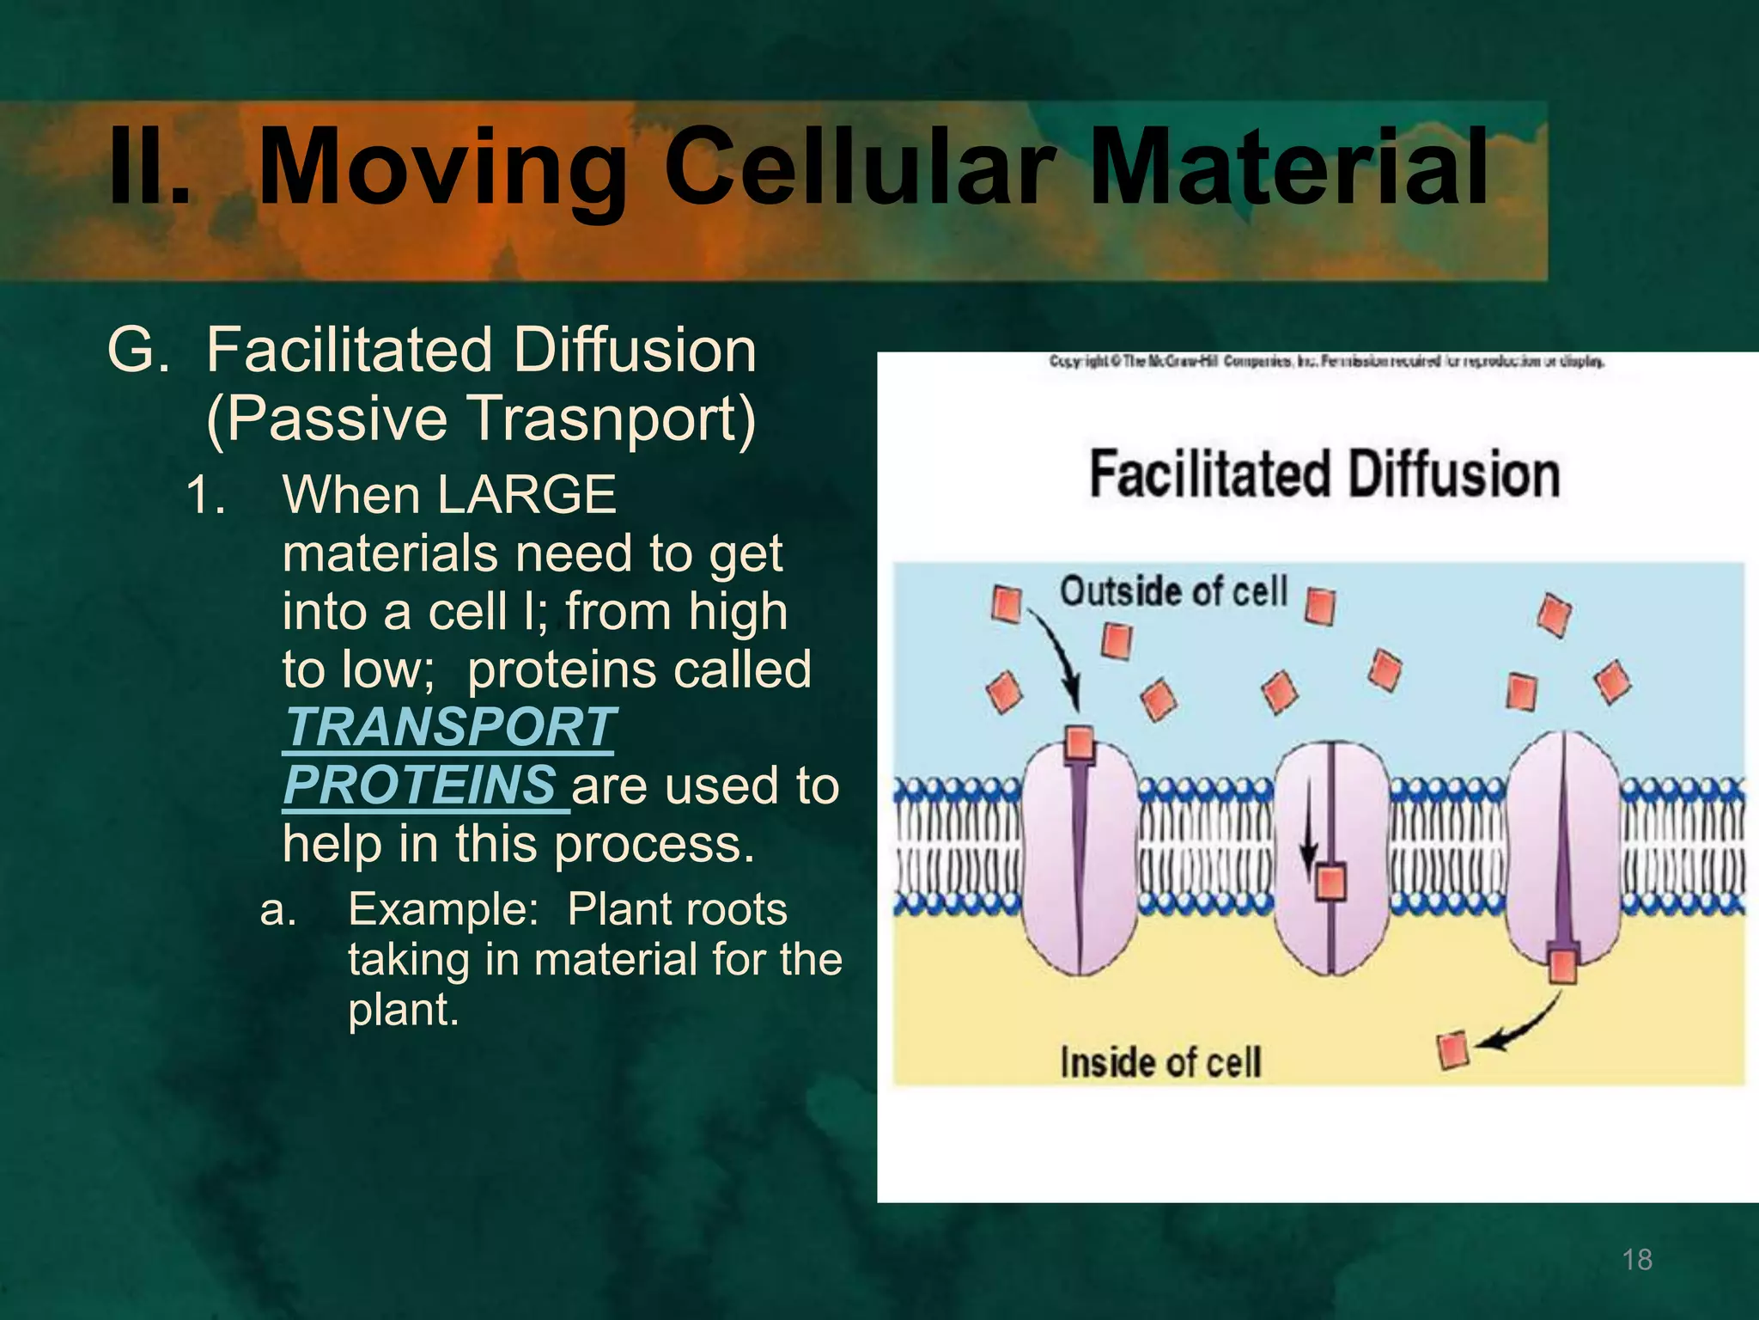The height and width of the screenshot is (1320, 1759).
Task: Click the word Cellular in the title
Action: tap(859, 168)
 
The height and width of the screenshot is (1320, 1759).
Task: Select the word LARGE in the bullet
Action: tap(526, 495)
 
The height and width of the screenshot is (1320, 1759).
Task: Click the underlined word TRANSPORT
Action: tap(448, 727)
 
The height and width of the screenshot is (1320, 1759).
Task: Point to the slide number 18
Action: tap(1637, 1260)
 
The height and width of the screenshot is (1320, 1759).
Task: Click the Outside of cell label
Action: tap(1173, 591)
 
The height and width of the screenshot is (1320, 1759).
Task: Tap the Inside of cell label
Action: tap(1160, 1062)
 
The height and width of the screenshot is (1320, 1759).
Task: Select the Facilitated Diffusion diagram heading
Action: tap(1324, 474)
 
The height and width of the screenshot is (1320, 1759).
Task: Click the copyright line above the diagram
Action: tap(1326, 362)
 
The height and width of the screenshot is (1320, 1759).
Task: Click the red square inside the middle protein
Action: tap(1330, 882)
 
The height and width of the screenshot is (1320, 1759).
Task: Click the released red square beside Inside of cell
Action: tap(1452, 1050)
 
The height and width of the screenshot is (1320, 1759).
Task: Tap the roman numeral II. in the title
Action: tap(149, 168)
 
